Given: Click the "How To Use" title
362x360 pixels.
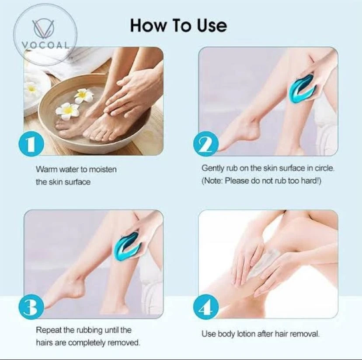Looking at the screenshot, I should click(178, 25).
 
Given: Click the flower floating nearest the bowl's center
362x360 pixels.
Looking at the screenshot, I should click(84, 95).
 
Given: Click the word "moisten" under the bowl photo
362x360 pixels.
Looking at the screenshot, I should click(103, 169).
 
